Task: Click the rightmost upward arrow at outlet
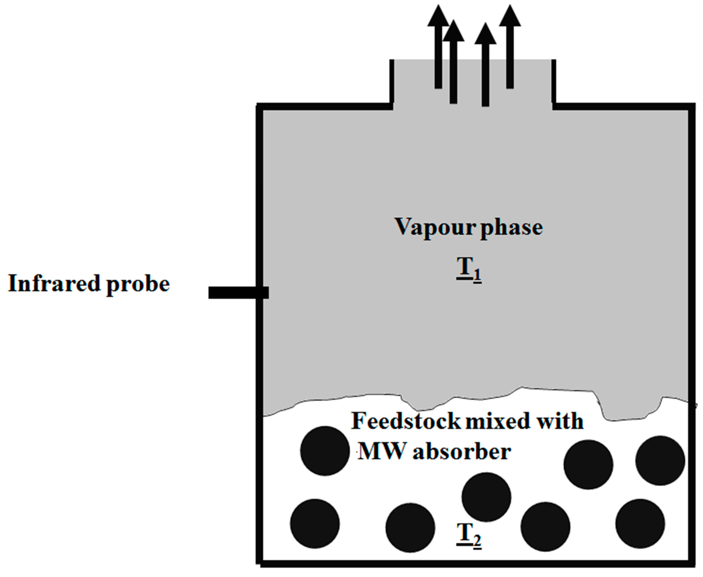pos(510,47)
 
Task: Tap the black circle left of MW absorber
pos(325,451)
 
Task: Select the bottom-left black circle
pos(315,524)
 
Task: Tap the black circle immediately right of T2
pos(545,527)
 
